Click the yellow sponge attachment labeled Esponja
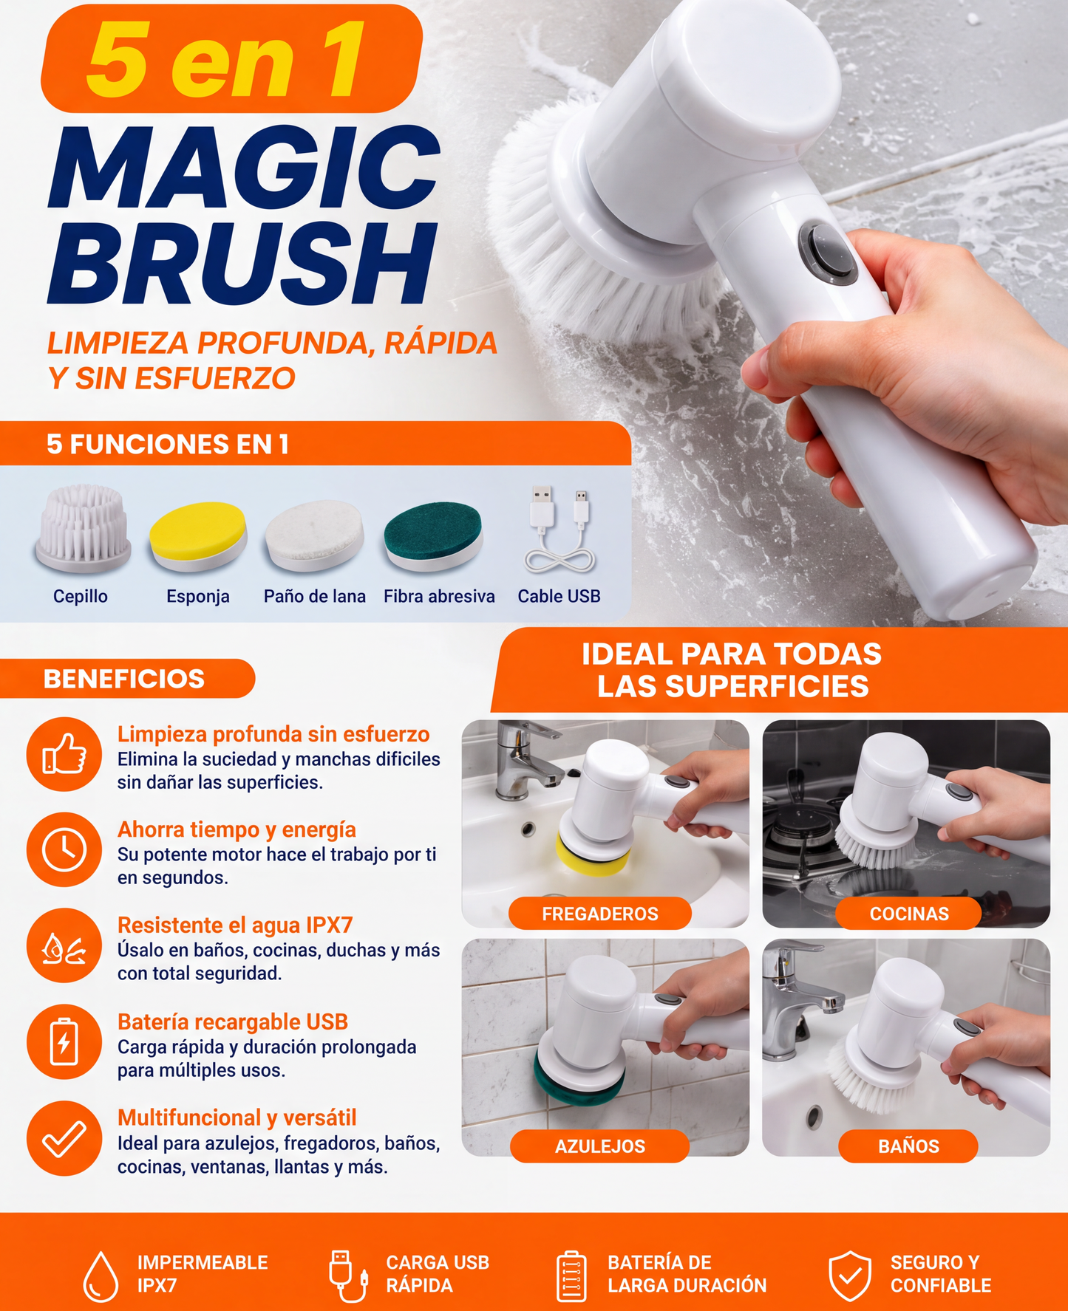(x=197, y=536)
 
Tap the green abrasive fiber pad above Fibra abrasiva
(x=433, y=535)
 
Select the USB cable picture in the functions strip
(x=559, y=530)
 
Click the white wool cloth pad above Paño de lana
(x=315, y=535)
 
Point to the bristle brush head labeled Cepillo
(x=83, y=527)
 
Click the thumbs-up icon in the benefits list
(x=64, y=754)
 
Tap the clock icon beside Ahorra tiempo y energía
(x=64, y=849)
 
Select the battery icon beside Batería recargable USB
(x=64, y=1041)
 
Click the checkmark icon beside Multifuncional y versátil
(x=64, y=1138)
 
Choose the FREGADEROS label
(x=600, y=914)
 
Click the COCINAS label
(x=909, y=914)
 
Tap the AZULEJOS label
(x=600, y=1146)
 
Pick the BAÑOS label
(x=908, y=1146)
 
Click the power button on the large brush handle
(x=828, y=253)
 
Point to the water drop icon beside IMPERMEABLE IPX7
(x=101, y=1276)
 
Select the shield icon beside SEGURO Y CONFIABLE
(x=850, y=1276)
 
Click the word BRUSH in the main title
(x=242, y=264)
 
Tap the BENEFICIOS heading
(x=124, y=679)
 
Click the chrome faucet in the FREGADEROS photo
(x=526, y=761)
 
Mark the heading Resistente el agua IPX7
(x=235, y=925)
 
